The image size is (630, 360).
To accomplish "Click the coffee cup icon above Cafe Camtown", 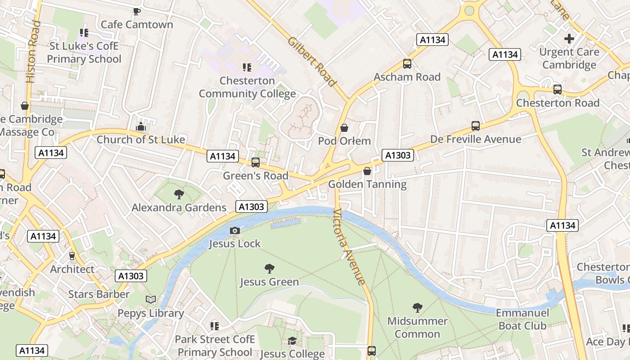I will [x=137, y=11].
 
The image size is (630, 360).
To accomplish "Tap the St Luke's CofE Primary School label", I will [x=84, y=53].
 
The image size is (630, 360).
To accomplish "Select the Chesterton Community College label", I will [x=247, y=87].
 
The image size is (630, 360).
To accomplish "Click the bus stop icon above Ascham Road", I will [x=407, y=64].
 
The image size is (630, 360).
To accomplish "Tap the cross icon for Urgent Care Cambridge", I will [x=569, y=39].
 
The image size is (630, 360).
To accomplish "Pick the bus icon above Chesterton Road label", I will [x=558, y=90].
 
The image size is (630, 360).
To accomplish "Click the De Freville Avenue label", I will [x=476, y=139].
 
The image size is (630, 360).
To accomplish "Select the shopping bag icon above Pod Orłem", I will [x=344, y=128].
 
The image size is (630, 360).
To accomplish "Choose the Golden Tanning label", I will [x=367, y=184].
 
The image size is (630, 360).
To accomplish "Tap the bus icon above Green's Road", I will [x=256, y=162].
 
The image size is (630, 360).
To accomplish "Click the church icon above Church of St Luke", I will [x=141, y=127].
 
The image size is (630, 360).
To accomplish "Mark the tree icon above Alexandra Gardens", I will [x=179, y=194].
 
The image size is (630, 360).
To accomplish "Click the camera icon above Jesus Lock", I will [x=234, y=231].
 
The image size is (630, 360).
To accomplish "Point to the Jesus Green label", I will [x=269, y=282].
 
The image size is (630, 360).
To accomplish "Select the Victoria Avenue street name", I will [x=349, y=247].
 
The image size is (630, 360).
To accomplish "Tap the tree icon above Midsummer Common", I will [x=417, y=308].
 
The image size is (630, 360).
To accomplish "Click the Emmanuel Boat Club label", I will [x=522, y=319].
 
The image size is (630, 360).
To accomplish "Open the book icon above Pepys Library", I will [x=151, y=300].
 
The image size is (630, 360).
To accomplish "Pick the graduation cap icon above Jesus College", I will [x=292, y=341].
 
